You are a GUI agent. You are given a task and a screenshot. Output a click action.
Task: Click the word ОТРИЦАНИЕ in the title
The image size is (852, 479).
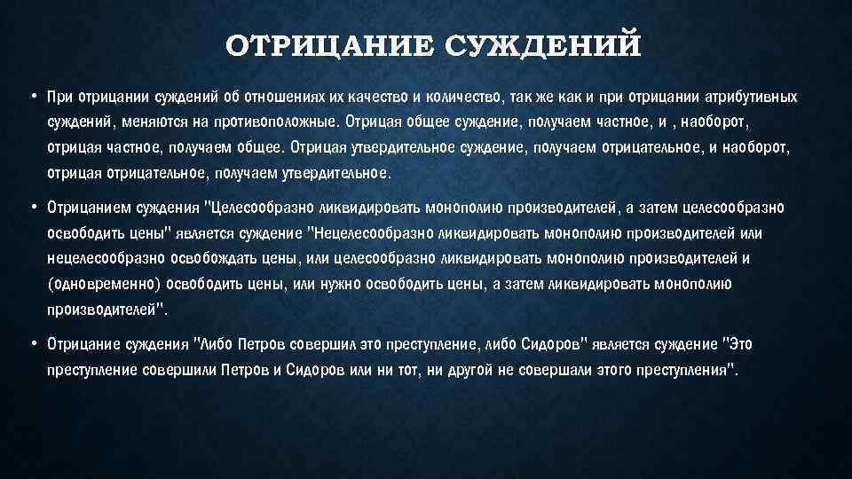click(328, 44)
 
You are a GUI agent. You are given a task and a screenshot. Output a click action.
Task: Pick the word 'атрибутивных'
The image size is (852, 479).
click(753, 96)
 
